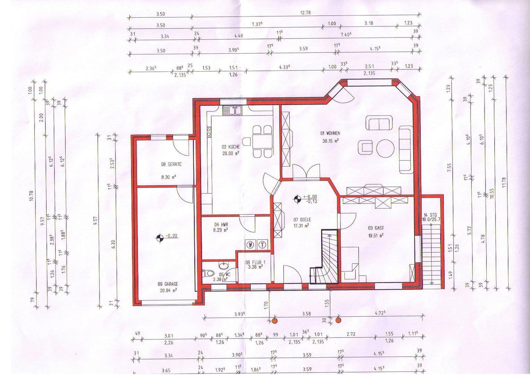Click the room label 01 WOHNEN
330,133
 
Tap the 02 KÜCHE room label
231,147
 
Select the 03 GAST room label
376,228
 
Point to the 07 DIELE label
302,220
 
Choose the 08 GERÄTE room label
171,165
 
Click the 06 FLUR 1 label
255,262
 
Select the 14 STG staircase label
430,215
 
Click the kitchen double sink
232,110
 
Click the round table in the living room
385,148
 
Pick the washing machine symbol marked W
250,245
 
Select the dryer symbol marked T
263,245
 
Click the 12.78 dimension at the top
305,12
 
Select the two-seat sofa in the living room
379,123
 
